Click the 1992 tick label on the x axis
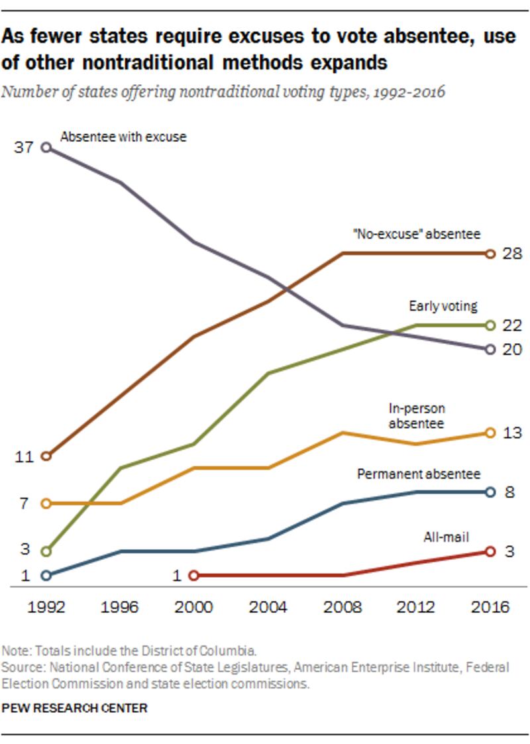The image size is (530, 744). pyautogui.click(x=46, y=607)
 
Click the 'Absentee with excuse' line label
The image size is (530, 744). pyautogui.click(x=123, y=138)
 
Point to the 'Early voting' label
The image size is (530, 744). pyautogui.click(x=443, y=306)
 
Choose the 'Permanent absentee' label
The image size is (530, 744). pyautogui.click(x=419, y=474)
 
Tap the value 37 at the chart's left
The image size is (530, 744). pyautogui.click(x=23, y=148)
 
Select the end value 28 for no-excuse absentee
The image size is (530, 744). pyautogui.click(x=513, y=254)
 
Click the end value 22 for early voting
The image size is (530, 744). pyautogui.click(x=513, y=325)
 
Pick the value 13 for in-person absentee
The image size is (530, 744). pyautogui.click(x=513, y=433)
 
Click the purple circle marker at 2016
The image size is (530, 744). pyautogui.click(x=490, y=349)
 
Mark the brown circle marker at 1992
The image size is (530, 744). pyautogui.click(x=46, y=456)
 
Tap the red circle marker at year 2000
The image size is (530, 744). pyautogui.click(x=193, y=576)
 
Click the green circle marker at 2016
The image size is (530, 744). pyautogui.click(x=490, y=325)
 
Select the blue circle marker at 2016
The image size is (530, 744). pyautogui.click(x=490, y=492)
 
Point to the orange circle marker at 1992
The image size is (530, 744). pyautogui.click(x=46, y=504)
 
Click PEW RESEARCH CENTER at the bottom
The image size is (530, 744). pyautogui.click(x=74, y=708)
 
